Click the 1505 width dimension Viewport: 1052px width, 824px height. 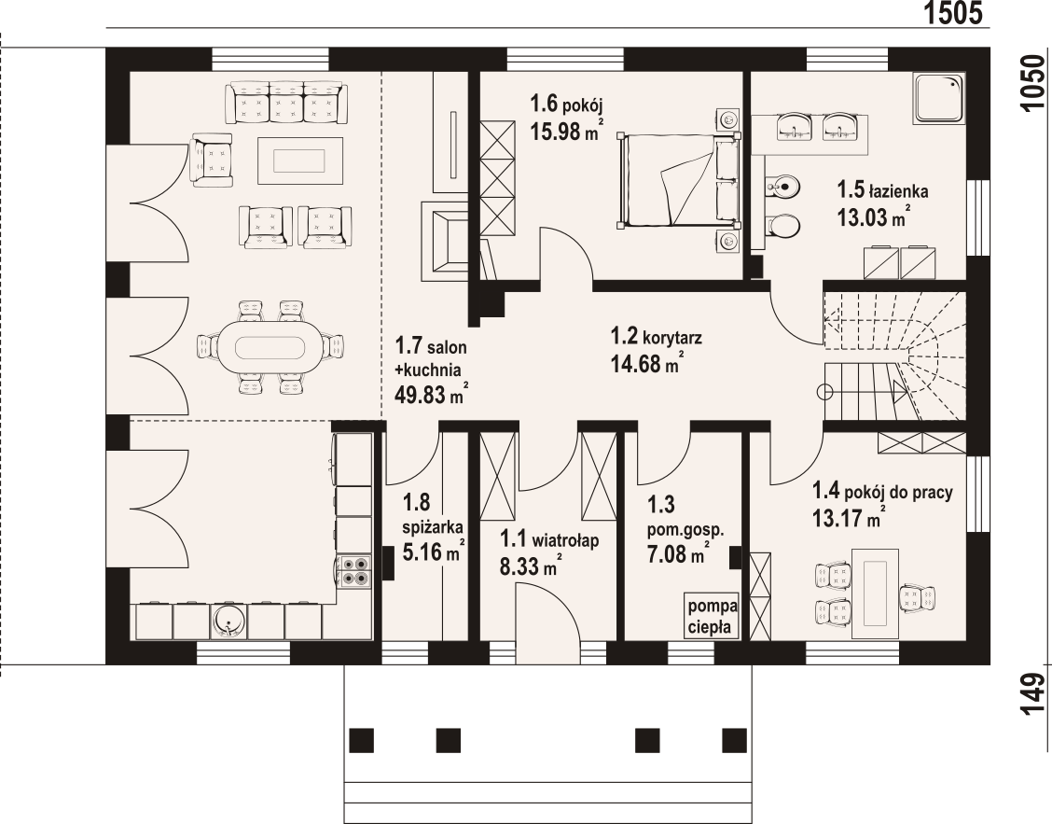click(x=953, y=13)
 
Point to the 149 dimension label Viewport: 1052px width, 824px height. click(x=1034, y=693)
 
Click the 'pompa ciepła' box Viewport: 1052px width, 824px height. click(x=713, y=616)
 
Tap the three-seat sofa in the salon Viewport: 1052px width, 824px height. click(x=287, y=102)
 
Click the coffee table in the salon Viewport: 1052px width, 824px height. click(x=300, y=161)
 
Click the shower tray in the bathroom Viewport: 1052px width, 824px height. click(x=938, y=97)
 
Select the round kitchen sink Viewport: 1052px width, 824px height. click(x=228, y=621)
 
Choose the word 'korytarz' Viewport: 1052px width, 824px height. click(x=672, y=337)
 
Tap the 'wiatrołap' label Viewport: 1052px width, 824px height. click(x=565, y=540)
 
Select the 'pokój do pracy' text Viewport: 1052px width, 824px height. click(x=898, y=492)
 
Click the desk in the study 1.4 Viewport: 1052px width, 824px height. click(x=876, y=594)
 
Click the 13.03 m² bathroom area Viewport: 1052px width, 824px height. click(x=873, y=216)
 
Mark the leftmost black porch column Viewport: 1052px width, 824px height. click(x=362, y=740)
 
